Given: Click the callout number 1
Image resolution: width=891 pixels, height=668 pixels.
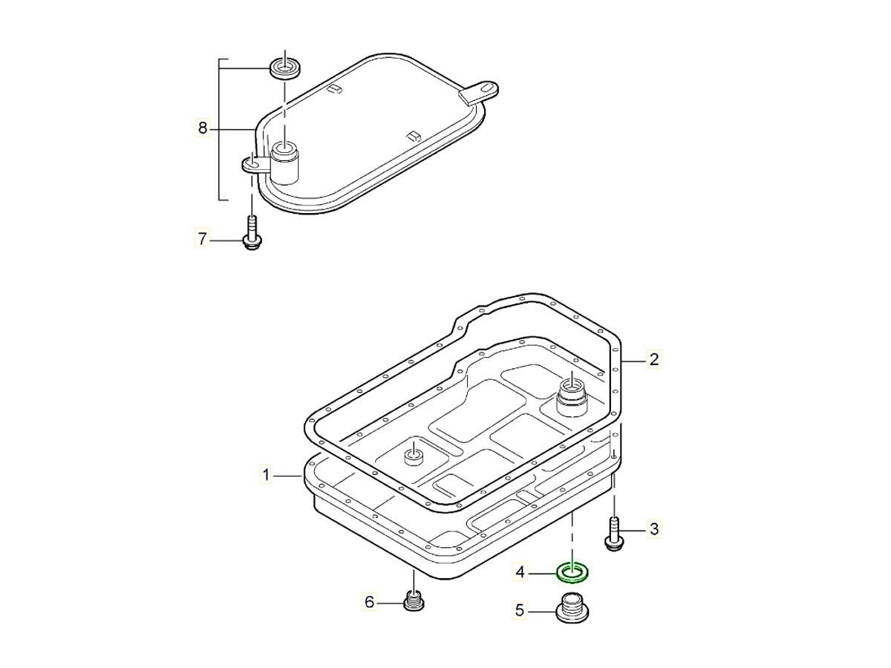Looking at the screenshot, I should pyautogui.click(x=264, y=474).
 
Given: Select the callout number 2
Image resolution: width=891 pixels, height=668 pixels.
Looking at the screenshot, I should pyautogui.click(x=654, y=360).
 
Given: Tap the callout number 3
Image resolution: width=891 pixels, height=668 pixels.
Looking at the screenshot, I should pyautogui.click(x=654, y=529).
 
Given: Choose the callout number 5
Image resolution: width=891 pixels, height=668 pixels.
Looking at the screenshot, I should pyautogui.click(x=520, y=610).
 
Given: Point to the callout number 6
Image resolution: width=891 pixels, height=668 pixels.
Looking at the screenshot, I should pyautogui.click(x=369, y=601).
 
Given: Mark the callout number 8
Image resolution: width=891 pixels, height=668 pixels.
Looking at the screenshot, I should pyautogui.click(x=202, y=128).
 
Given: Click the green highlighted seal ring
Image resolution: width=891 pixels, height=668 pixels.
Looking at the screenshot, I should pyautogui.click(x=572, y=572).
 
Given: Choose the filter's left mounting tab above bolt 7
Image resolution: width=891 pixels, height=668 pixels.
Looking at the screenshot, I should pyautogui.click(x=252, y=163).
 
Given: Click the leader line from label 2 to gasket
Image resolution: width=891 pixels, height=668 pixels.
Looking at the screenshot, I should pyautogui.click(x=635, y=361).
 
